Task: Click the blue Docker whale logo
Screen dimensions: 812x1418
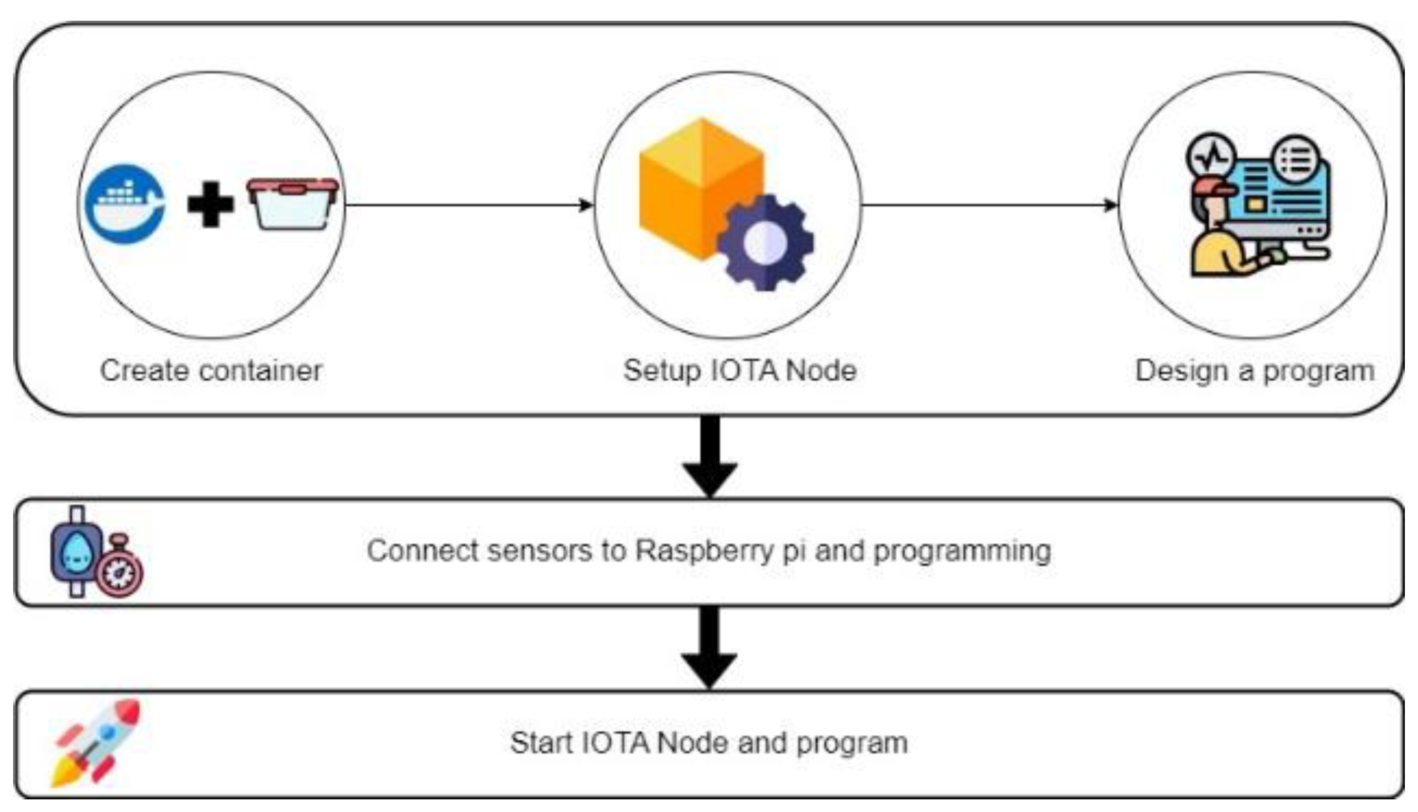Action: click(125, 204)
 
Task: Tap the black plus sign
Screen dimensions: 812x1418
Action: click(210, 205)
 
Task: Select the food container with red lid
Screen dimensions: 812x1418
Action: click(293, 205)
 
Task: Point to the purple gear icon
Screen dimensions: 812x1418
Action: click(765, 243)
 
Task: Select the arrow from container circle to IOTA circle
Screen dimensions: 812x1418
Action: click(469, 205)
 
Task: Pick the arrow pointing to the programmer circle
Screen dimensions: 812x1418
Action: click(990, 205)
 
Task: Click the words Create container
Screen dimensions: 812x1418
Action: click(211, 371)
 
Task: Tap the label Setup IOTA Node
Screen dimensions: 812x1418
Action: click(739, 371)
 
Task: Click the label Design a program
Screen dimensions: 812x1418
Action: click(1254, 371)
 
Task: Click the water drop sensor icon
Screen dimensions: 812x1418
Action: click(77, 551)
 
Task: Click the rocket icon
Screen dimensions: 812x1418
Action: click(96, 742)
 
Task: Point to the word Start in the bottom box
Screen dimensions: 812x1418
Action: click(541, 743)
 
